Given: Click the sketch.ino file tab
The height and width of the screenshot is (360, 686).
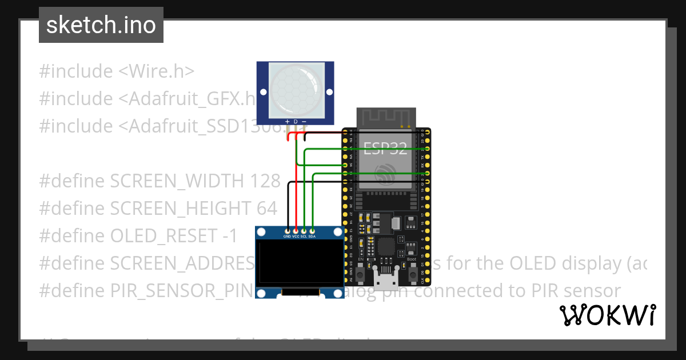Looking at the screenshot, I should pyautogui.click(x=101, y=25).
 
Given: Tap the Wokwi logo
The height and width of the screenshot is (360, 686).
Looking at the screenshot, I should pyautogui.click(x=607, y=315).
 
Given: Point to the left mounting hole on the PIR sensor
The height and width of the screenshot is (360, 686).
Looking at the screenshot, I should pyautogui.click(x=262, y=91).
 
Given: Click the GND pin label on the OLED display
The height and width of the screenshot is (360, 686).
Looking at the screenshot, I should pyautogui.click(x=288, y=236).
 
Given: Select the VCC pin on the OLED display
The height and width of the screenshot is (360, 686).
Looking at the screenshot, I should pyautogui.click(x=296, y=236).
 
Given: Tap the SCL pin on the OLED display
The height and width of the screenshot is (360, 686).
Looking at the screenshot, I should pyautogui.click(x=304, y=236).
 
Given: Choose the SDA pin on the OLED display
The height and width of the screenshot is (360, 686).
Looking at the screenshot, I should pyautogui.click(x=312, y=236).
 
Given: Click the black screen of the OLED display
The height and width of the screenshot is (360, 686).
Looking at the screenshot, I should pyautogui.click(x=300, y=263).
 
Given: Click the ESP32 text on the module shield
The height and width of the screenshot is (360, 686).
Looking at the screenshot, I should pyautogui.click(x=386, y=149).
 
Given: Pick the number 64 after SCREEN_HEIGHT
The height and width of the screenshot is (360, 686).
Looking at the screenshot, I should pyautogui.click(x=266, y=209).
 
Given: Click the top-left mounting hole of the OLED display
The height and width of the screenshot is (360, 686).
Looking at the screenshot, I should pyautogui.click(x=262, y=233).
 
